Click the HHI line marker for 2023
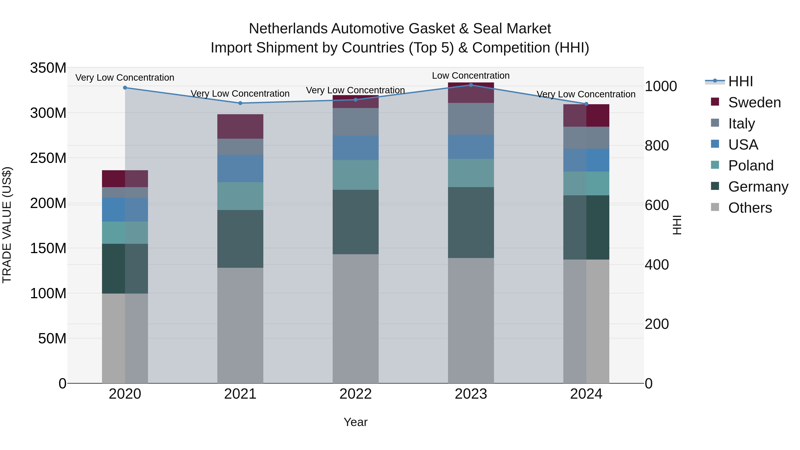tap(471, 85)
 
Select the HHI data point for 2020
tap(125, 88)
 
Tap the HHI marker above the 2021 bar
tap(240, 103)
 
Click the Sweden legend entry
tap(754, 102)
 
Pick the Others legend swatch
tap(715, 207)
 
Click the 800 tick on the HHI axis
tap(656, 146)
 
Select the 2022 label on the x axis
tap(355, 394)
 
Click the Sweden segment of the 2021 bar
tap(240, 126)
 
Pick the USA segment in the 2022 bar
tap(355, 148)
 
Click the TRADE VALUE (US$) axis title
tap(7, 225)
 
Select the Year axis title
tap(355, 422)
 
